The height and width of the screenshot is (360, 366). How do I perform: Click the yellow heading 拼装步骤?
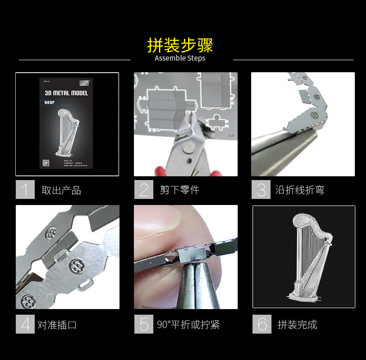[180, 45]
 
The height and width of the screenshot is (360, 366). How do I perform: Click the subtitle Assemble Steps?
[180, 58]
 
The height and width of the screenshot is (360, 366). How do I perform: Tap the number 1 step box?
[25, 190]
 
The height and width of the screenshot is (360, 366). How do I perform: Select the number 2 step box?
[144, 190]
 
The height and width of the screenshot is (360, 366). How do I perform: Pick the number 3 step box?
[261, 190]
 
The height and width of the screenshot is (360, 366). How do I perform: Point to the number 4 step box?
[25, 324]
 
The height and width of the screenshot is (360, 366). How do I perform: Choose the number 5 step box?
[144, 324]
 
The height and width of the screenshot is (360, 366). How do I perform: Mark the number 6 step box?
[262, 324]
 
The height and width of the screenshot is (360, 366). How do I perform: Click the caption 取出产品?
[61, 190]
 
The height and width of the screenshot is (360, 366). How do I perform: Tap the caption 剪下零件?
[179, 190]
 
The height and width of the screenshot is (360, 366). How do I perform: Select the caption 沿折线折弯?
[299, 190]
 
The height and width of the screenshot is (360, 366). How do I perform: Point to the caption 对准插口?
[57, 325]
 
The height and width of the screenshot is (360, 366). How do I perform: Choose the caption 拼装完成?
[297, 325]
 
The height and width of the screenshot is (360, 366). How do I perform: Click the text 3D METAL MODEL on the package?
[66, 93]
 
